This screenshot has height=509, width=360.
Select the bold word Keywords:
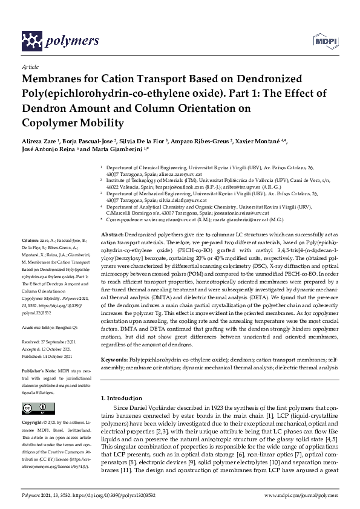pyautogui.click(x=114, y=359)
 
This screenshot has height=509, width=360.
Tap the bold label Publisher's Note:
pyautogui.click(x=38, y=369)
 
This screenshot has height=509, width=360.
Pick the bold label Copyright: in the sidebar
pyautogui.click(x=33, y=421)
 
